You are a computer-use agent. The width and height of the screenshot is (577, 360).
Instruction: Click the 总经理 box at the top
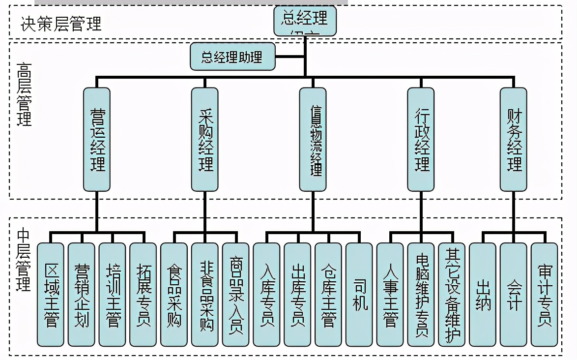pos(305,21)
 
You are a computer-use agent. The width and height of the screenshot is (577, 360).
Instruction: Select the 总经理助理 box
pos(232,57)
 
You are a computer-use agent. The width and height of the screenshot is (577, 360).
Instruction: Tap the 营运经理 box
pos(96,139)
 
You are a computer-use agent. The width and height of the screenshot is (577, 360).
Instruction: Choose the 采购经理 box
pos(204,139)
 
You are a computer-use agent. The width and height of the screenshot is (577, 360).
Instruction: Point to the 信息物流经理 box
pos(313,139)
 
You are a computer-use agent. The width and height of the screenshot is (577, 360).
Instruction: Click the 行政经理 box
pos(421,139)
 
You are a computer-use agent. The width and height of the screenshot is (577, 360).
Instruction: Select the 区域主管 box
pos(51,294)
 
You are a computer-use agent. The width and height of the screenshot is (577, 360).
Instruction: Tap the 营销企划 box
pos(82,294)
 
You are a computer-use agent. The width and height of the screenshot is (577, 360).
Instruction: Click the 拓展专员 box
pos(143,294)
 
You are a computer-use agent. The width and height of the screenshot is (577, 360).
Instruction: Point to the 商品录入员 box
pos(235,294)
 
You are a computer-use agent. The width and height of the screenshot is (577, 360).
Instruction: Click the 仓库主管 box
pos(328,294)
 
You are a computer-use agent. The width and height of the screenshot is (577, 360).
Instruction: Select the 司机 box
pos(359,294)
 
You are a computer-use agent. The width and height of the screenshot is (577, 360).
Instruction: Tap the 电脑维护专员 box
pos(421,294)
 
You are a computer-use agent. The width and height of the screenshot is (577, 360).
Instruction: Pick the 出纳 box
pos(482,294)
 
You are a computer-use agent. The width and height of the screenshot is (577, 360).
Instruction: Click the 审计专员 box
pos(544,294)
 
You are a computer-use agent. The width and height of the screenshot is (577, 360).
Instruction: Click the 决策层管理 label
pos(61,24)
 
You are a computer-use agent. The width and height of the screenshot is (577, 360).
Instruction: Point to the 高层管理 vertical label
pos(24,94)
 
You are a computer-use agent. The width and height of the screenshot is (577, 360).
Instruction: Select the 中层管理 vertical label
pos(24,259)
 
